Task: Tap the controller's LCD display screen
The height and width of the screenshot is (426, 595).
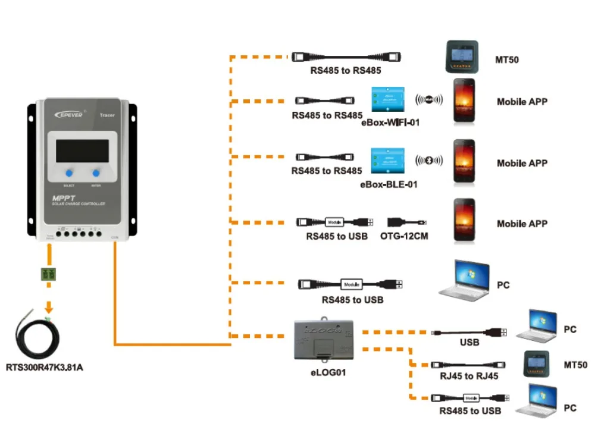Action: [83, 150]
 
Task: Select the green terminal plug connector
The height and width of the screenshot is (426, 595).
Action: [49, 274]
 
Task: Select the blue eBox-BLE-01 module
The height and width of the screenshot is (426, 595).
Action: [387, 159]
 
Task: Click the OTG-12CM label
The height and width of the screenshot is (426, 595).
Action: [404, 236]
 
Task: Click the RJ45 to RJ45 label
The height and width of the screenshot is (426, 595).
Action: [469, 376]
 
